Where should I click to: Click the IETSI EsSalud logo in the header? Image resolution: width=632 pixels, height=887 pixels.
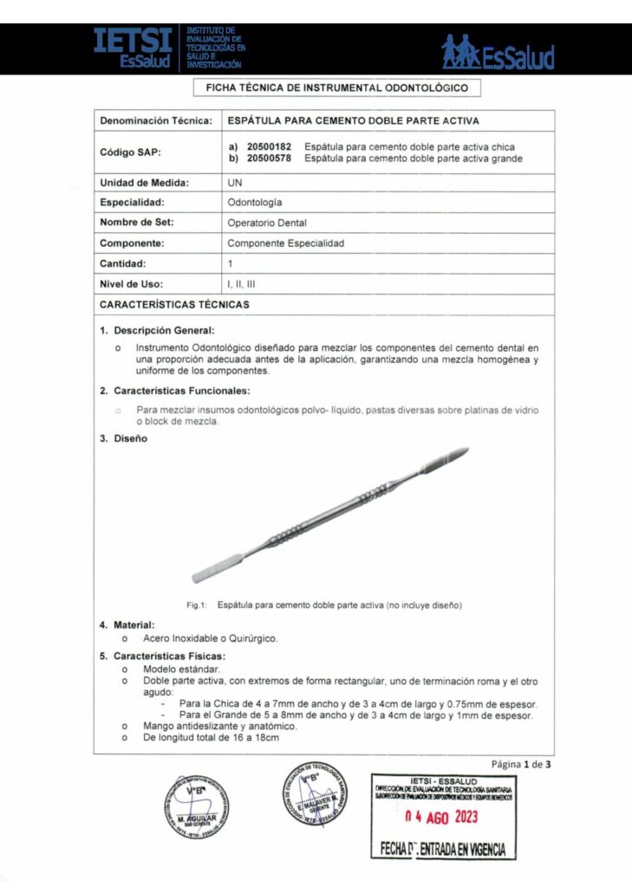(168, 49)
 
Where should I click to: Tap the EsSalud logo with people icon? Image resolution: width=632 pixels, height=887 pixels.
(498, 52)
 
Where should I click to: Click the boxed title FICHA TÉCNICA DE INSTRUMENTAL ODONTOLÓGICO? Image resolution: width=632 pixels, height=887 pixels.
(336, 88)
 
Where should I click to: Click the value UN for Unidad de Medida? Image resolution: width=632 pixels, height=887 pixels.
(235, 183)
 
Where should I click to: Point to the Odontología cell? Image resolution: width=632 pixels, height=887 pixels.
(254, 203)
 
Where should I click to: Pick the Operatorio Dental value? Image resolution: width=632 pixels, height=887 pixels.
(267, 223)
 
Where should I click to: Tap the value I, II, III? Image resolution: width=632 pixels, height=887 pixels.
(241, 283)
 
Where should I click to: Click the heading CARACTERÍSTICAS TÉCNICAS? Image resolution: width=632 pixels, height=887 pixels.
(174, 305)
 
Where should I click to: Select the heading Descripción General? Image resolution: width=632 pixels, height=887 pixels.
(164, 330)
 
